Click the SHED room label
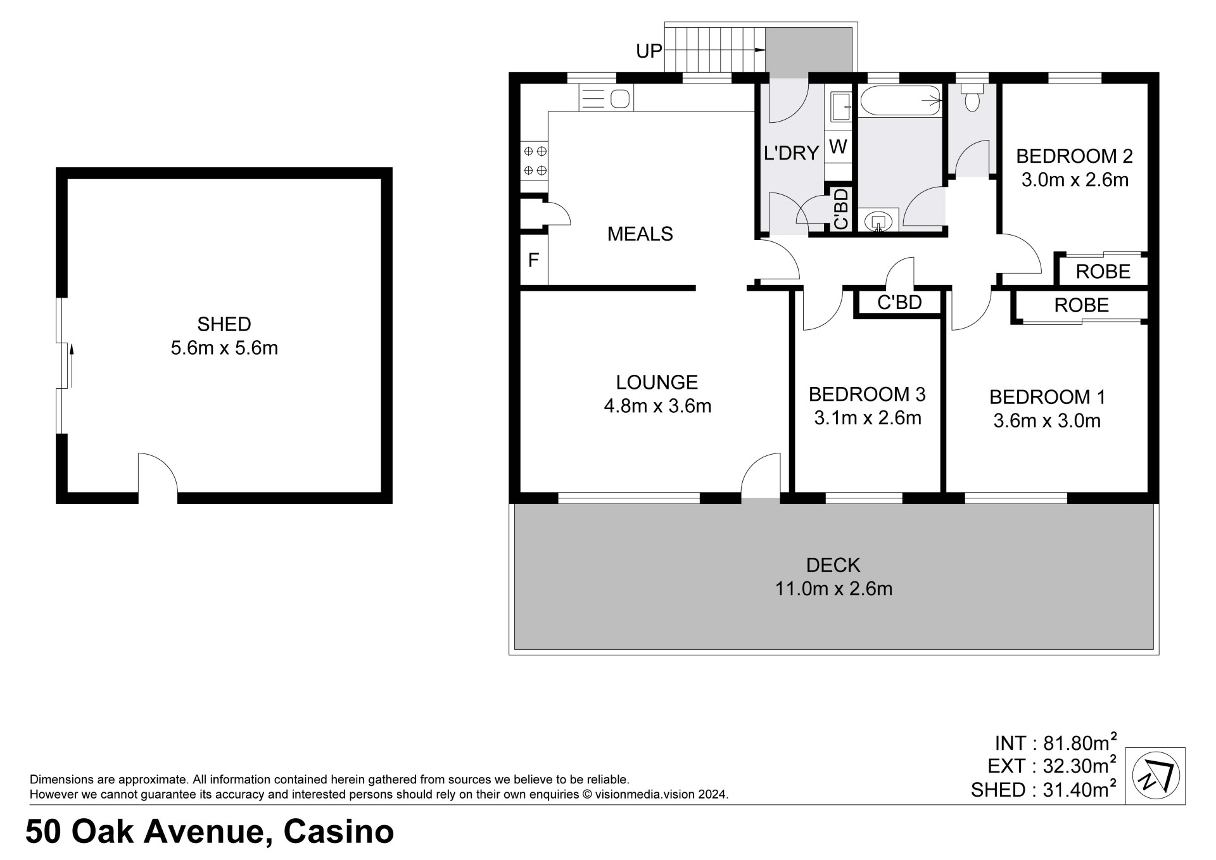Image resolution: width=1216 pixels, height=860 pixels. tap(224, 324)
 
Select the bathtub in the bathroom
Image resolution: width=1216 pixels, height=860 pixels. tap(900, 101)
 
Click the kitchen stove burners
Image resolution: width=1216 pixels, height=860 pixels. tap(535, 161)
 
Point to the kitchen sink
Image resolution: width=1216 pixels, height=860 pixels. tap(605, 98)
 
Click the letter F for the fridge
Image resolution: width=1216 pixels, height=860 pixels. tap(533, 260)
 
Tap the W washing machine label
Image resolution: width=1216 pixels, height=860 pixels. tap(838, 147)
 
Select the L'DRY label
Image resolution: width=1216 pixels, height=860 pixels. tap(792, 153)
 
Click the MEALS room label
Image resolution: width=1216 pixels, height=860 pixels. tap(640, 234)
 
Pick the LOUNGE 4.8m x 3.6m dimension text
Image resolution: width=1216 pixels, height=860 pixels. tap(657, 406)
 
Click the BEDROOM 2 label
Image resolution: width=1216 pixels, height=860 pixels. tap(1074, 156)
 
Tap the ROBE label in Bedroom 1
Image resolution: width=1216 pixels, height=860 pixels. tap(1081, 305)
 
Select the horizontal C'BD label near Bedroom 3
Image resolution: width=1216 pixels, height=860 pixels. tap(899, 303)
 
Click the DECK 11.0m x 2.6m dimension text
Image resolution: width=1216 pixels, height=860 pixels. tap(833, 589)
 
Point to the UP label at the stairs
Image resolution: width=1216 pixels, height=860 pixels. tap(649, 51)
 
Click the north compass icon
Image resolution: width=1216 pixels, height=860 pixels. tap(1155, 776)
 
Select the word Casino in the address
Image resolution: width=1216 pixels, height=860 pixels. tap(339, 832)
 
